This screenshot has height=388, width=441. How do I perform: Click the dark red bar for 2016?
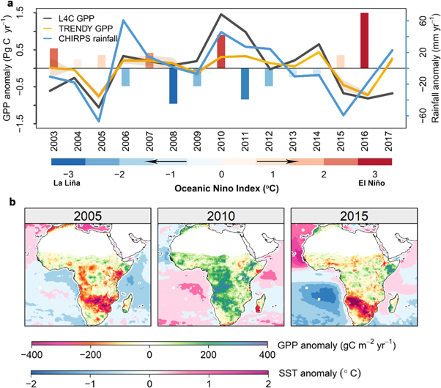pyautogui.click(x=364, y=40)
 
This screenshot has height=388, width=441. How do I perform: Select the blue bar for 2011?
pyautogui.click(x=245, y=83)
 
